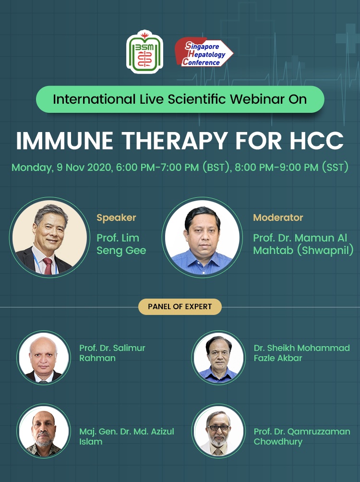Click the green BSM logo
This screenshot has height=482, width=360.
tap(144, 52)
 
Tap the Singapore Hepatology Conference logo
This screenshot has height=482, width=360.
tap(204, 53)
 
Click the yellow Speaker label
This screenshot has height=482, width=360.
tap(116, 217)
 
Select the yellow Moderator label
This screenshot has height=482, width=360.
tap(278, 217)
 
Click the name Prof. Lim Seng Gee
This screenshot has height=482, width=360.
tap(121, 244)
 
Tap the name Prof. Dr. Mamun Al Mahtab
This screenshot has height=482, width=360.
tap(303, 244)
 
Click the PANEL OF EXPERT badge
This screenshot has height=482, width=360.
tap(180, 307)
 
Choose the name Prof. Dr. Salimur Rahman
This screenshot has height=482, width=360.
tap(112, 353)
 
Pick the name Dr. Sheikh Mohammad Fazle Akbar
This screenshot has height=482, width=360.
tap(301, 353)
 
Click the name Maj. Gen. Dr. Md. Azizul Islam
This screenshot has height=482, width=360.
tap(127, 436)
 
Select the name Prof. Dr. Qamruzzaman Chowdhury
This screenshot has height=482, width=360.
tap(302, 436)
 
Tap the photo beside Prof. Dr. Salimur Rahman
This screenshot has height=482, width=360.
tap(44, 358)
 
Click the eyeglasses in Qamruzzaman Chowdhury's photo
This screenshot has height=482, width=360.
tap(219, 427)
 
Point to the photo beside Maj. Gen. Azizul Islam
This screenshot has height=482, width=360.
tap(44, 431)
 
